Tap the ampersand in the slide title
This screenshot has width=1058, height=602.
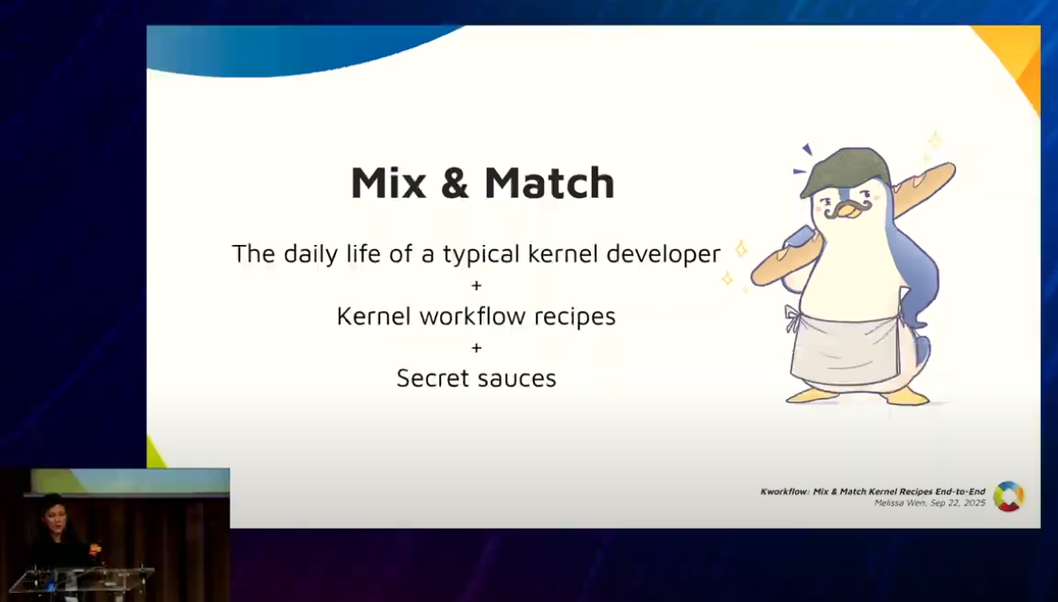455,183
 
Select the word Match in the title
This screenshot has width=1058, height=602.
550,183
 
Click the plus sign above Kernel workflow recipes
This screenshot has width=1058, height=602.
476,286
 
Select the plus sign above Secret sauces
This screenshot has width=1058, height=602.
476,348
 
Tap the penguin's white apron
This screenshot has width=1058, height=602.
846,348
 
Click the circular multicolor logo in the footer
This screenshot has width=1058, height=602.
1008,497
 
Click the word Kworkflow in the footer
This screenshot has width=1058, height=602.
785,492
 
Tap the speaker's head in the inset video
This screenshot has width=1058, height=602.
52,507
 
